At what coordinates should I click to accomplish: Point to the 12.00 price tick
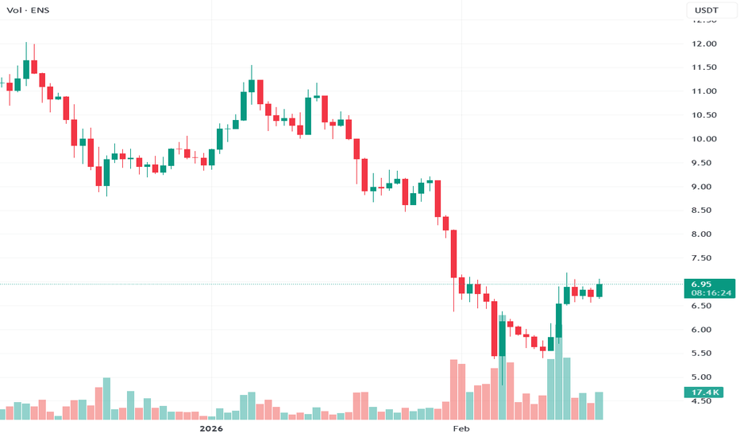[705, 44]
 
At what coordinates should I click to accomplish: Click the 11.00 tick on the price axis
[705, 91]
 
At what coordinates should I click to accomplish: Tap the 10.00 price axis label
[705, 139]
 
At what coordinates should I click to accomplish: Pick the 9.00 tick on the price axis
[705, 187]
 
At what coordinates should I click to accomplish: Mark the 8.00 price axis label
[705, 234]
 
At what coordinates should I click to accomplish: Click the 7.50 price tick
[705, 258]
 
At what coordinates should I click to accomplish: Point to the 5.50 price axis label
[705, 354]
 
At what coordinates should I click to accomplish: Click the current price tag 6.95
[702, 284]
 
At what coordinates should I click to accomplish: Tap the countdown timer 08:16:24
[711, 293]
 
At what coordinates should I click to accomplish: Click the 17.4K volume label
[704, 393]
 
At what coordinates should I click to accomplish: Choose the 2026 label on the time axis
[211, 429]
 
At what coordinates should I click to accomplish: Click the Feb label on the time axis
[461, 429]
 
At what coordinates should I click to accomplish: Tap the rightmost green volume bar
[599, 406]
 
